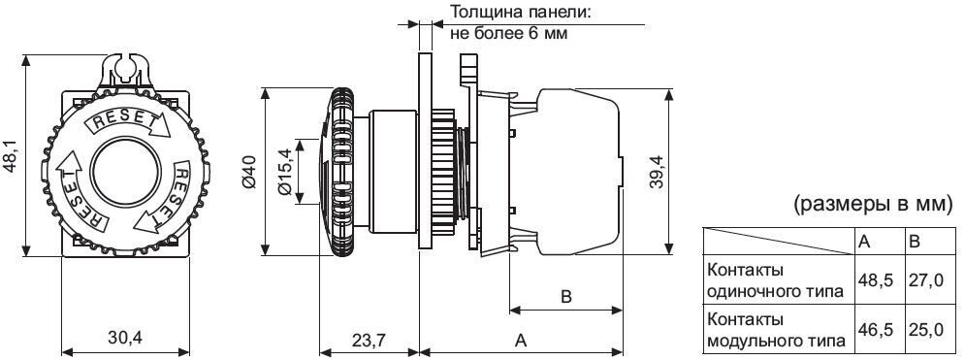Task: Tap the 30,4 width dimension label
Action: pyautogui.click(x=125, y=338)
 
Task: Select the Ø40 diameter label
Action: pyautogui.click(x=248, y=171)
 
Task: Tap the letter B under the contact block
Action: pyautogui.click(x=566, y=297)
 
